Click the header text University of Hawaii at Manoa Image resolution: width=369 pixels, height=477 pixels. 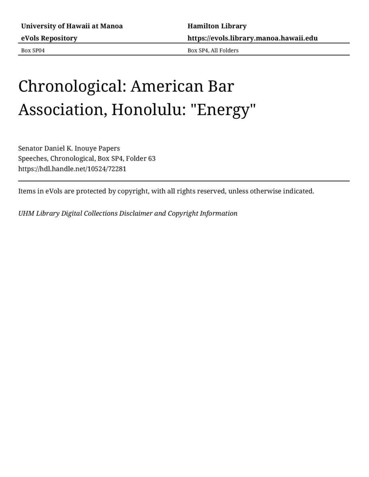pyautogui.click(x=72, y=26)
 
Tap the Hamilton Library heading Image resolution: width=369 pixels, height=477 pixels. pyautogui.click(x=217, y=26)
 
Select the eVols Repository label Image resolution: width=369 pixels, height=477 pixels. pyautogui.click(x=49, y=38)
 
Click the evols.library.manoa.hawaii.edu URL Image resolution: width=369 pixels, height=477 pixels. pyautogui.click(x=252, y=38)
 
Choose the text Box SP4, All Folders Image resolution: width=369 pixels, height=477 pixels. pyautogui.click(x=213, y=50)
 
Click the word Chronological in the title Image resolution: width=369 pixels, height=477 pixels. pyautogui.click(x=72, y=86)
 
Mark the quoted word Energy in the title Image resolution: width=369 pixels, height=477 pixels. pyautogui.click(x=224, y=110)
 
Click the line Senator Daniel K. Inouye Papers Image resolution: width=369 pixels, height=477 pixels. pyautogui.click(x=69, y=148)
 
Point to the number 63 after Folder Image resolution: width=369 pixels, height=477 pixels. pyautogui.click(x=152, y=159)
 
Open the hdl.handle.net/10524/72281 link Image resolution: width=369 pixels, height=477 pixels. pyautogui.click(x=72, y=169)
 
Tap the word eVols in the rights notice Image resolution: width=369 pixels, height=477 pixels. pyautogui.click(x=53, y=191)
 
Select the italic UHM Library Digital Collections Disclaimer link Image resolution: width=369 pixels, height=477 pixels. pyautogui.click(x=127, y=213)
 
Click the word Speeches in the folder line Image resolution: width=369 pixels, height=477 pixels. pyautogui.click(x=33, y=159)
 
